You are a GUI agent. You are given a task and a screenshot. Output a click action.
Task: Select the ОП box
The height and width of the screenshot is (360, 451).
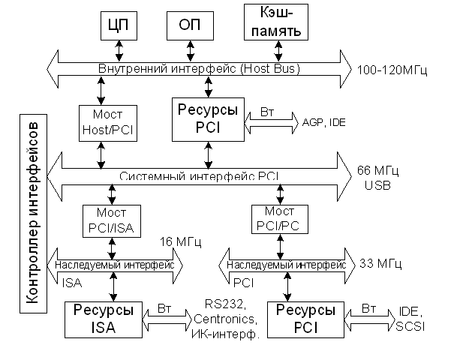[x=189, y=25]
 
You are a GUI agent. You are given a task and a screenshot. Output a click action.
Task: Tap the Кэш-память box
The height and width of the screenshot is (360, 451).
[x=276, y=22]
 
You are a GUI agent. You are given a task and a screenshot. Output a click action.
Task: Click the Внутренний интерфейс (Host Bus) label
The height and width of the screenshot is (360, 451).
[x=199, y=68]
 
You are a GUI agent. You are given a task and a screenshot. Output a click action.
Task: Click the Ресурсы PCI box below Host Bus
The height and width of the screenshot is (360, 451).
[x=208, y=120]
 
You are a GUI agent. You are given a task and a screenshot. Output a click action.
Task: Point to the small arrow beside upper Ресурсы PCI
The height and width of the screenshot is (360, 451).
[x=271, y=121]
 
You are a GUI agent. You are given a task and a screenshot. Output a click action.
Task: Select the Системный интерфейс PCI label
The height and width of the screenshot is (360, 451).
[x=199, y=176]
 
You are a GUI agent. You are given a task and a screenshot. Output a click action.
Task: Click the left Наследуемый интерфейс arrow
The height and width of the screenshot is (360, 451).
[x=115, y=265]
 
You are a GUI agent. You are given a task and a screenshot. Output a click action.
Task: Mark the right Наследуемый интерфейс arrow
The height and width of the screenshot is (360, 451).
[x=287, y=265]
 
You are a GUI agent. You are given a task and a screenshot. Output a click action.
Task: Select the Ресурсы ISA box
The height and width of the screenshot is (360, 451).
[x=104, y=319]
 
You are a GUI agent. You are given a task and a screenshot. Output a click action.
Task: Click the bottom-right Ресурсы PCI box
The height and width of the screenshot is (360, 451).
[x=306, y=319]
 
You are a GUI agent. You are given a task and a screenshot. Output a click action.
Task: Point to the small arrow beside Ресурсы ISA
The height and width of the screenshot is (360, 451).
[x=167, y=320]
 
